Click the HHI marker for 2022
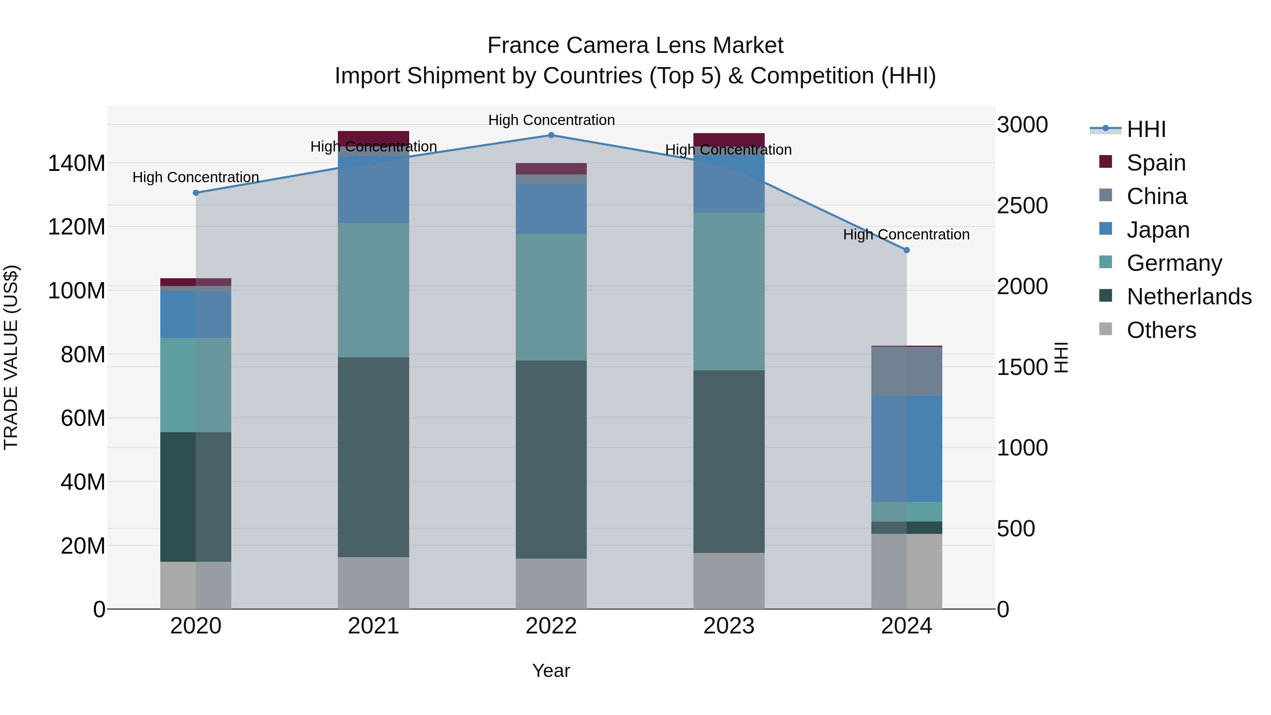[551, 135]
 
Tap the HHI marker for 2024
[906, 250]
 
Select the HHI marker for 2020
[196, 193]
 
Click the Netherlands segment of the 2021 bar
[374, 457]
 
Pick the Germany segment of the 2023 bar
[729, 291]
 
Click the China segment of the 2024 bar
[906, 371]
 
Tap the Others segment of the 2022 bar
[551, 583]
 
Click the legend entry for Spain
[1156, 163]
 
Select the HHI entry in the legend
[1146, 129]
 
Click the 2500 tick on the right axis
[1022, 206]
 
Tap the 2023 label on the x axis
[729, 626]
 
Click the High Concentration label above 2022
[551, 120]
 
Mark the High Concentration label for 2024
[906, 234]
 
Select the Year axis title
[551, 671]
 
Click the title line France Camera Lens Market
[635, 46]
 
